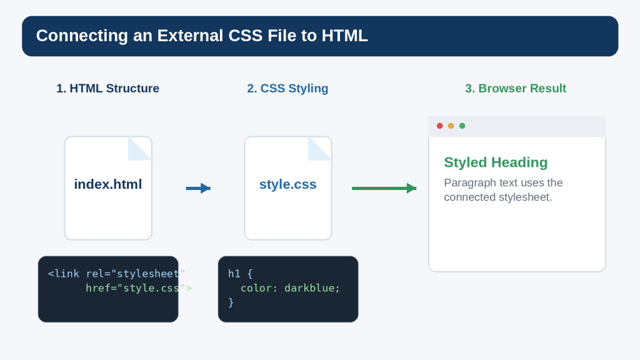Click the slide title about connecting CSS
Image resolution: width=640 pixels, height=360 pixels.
202,36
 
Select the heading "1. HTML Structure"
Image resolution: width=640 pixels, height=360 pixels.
107,88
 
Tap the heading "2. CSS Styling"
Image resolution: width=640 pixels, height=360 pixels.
287,88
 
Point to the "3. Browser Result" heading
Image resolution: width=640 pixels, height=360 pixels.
516,88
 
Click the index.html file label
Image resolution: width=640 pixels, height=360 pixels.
108,184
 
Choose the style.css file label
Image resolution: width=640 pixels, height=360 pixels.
287,184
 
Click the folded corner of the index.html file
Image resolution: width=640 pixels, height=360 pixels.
140,149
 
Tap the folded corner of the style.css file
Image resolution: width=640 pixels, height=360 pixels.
319,149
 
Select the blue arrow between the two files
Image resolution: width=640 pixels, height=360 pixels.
198,188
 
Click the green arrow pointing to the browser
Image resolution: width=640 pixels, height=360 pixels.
384,188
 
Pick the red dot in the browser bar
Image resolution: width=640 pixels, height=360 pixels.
439,126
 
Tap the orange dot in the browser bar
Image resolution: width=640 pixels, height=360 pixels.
451,126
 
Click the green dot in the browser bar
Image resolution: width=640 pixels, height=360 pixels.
462,126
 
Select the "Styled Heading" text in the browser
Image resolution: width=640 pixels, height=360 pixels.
496,162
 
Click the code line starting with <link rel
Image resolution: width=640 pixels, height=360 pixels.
116,274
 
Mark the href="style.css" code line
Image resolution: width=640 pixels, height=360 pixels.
138,288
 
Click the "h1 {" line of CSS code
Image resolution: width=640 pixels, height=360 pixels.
241,274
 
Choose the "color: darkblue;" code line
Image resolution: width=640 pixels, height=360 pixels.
290,288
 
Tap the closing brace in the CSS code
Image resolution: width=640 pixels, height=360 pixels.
231,302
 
